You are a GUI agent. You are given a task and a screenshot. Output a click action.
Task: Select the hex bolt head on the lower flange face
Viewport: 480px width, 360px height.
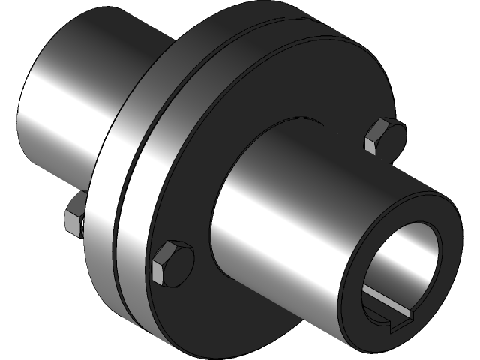point(173,263)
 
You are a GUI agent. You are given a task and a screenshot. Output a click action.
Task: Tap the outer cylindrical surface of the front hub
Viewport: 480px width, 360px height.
point(300,217)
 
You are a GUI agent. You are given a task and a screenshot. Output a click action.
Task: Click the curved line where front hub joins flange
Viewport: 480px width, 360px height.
point(225,180)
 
